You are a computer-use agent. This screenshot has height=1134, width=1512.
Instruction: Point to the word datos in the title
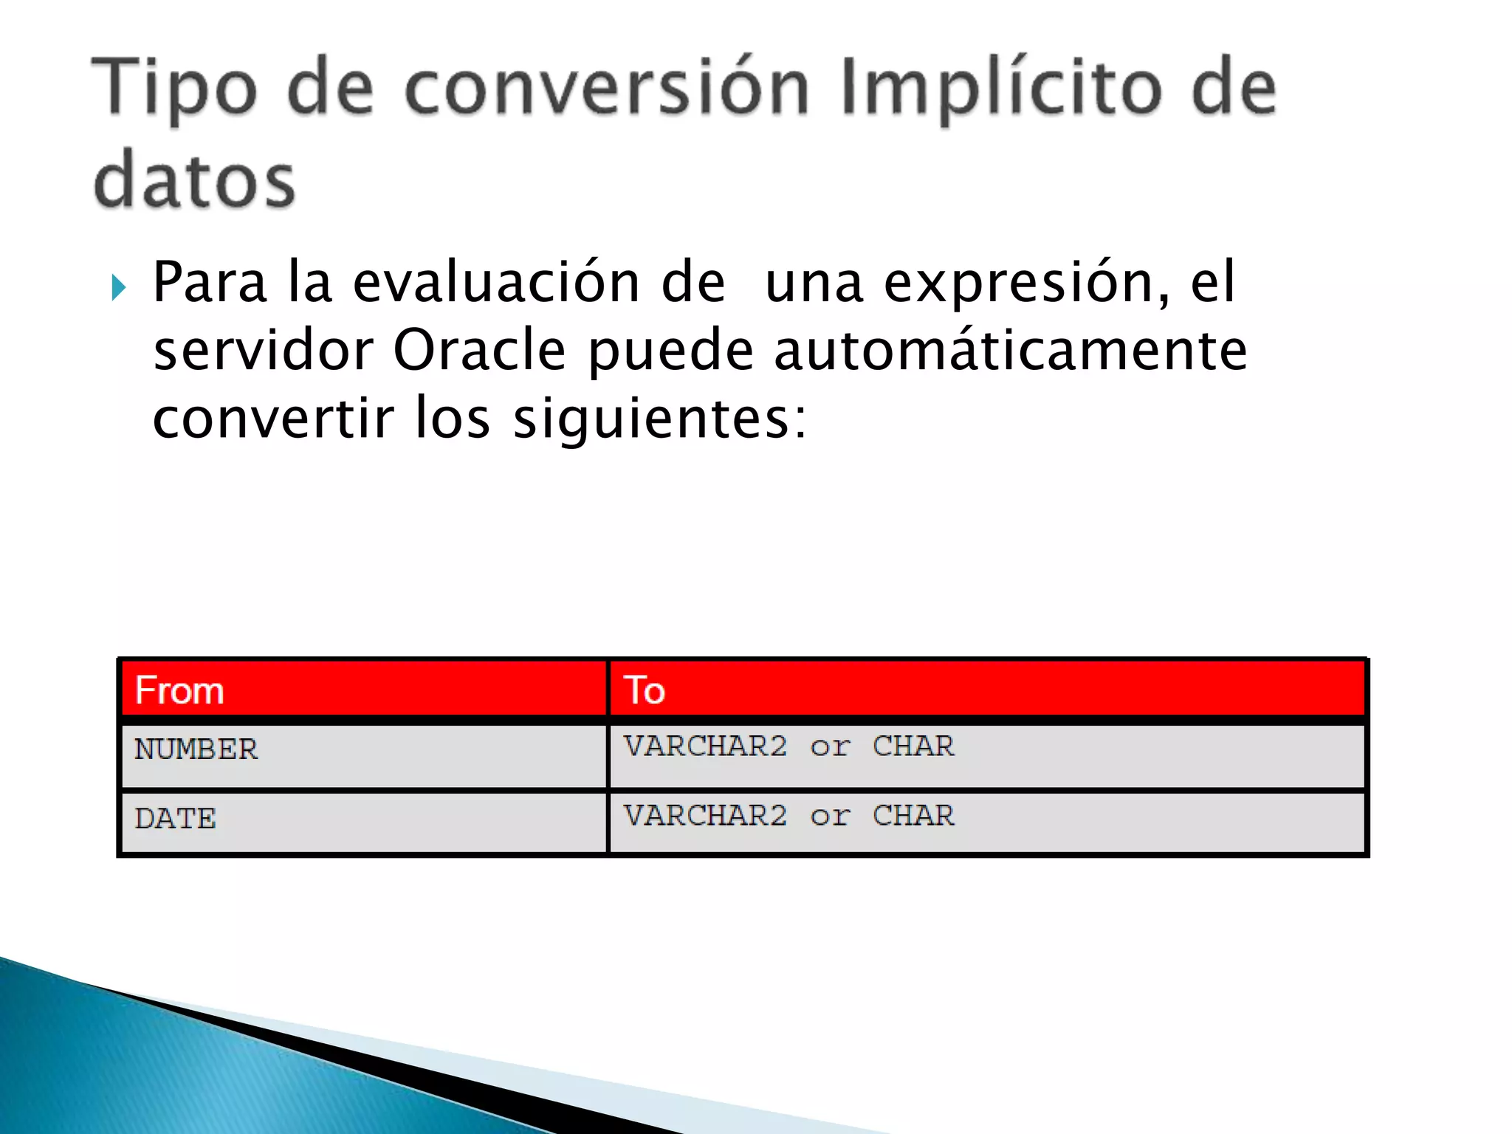[x=194, y=180]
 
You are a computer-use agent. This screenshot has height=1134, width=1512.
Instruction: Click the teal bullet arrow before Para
[x=119, y=287]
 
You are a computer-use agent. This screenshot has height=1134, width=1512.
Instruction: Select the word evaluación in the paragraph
[x=496, y=283]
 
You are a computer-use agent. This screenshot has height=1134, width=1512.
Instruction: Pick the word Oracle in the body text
[x=479, y=350]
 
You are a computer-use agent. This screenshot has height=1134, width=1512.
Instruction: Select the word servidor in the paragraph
[x=263, y=350]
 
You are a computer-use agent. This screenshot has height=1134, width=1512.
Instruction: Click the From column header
[x=179, y=691]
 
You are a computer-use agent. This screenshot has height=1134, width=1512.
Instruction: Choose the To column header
[x=645, y=691]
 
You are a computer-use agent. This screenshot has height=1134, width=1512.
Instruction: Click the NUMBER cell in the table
[x=196, y=750]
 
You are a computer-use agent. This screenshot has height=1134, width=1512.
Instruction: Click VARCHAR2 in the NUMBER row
[x=705, y=746]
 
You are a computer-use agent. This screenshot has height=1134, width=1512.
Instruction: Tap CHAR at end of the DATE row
[x=913, y=816]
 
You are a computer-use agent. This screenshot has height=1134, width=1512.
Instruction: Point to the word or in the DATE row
[x=830, y=817]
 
